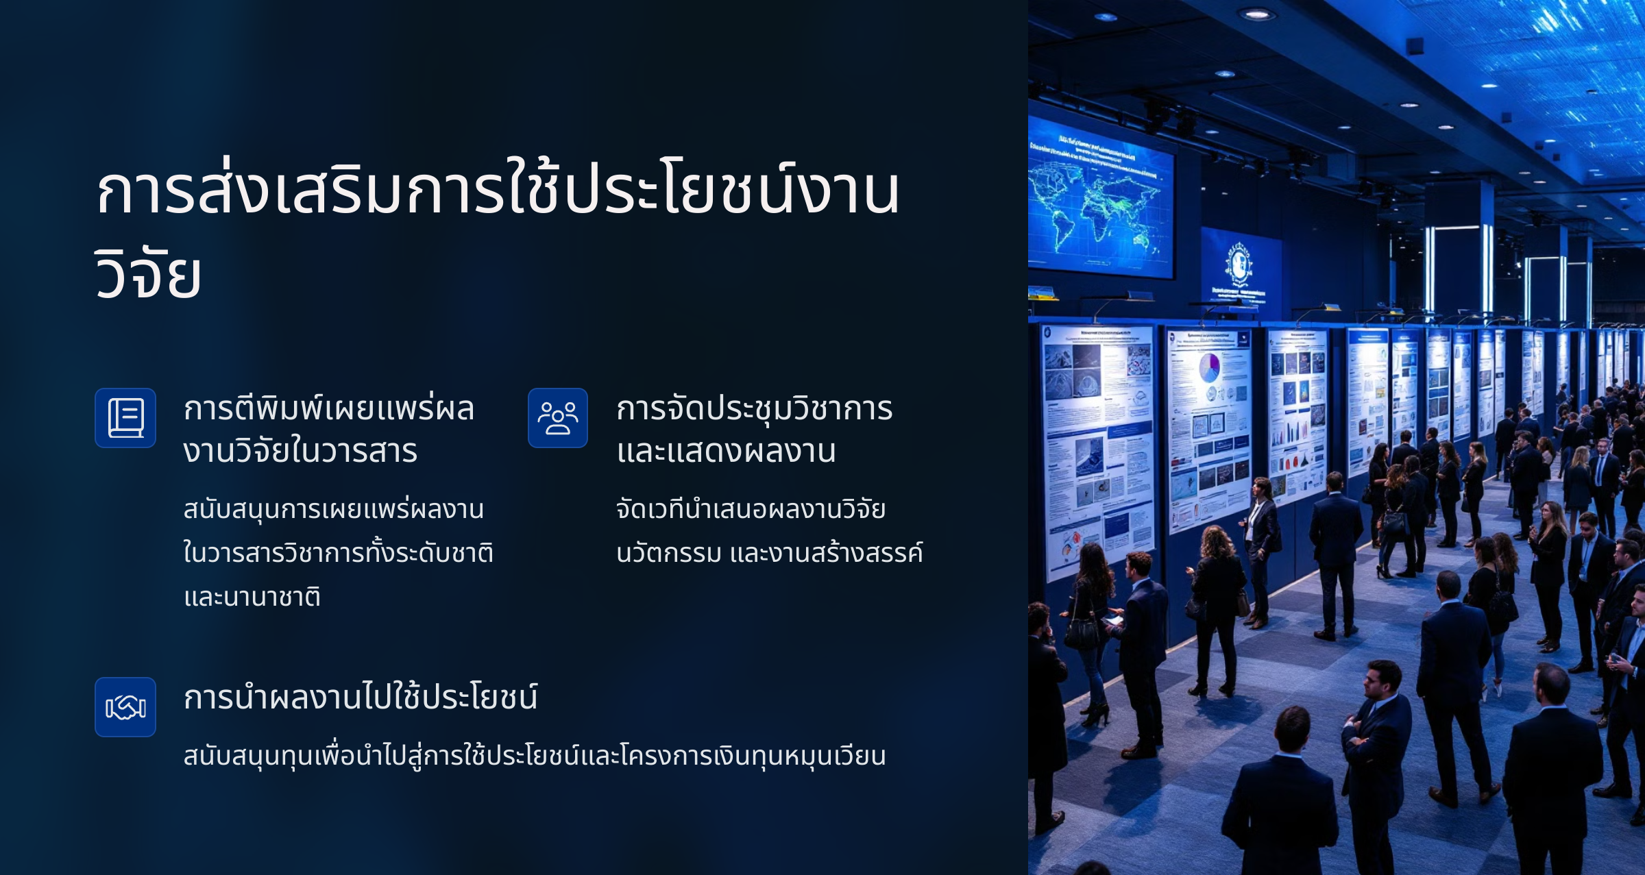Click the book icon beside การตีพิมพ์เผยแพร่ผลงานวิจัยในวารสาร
(x=125, y=418)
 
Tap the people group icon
(x=558, y=418)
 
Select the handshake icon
(x=125, y=707)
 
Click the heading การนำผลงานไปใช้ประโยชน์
(x=361, y=698)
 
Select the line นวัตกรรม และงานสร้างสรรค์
(x=770, y=552)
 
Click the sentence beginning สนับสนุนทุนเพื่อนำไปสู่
(x=535, y=756)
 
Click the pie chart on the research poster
(x=1209, y=367)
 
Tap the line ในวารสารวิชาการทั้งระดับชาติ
(x=339, y=552)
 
